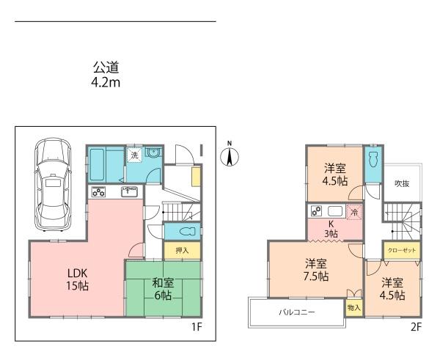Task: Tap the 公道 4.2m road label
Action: click(106, 75)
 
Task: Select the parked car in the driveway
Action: click(53, 184)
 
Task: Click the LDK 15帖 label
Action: click(78, 279)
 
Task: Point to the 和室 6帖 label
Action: click(163, 289)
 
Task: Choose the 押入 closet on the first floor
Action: click(183, 250)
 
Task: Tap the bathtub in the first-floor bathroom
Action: click(97, 165)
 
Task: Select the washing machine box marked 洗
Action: click(135, 155)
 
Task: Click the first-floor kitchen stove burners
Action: click(98, 192)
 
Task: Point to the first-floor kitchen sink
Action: click(129, 192)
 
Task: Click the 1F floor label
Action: click(197, 327)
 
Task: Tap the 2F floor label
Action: click(416, 327)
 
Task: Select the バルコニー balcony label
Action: click(297, 312)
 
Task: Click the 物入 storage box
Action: click(353, 307)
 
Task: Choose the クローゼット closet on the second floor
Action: click(402, 250)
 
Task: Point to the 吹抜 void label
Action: click(402, 184)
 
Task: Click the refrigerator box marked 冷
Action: click(355, 213)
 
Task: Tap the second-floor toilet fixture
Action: click(373, 160)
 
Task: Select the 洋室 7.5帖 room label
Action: click(317, 271)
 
